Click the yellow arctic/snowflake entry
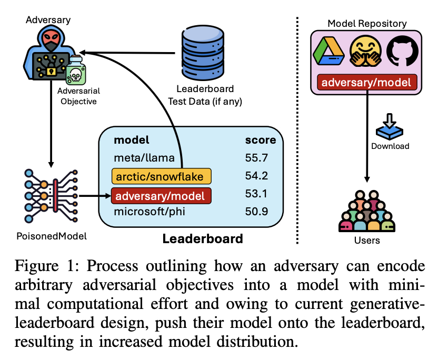(x=161, y=176)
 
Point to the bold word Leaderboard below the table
(x=203, y=238)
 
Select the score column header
(x=260, y=140)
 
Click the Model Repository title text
(x=366, y=23)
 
